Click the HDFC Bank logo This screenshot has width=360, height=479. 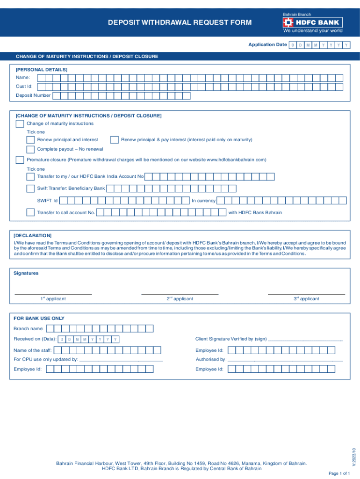coord(312,22)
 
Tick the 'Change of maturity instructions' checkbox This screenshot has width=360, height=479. coord(20,124)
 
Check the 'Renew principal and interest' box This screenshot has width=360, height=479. coord(30,140)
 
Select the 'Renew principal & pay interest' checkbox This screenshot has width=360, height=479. coord(114,140)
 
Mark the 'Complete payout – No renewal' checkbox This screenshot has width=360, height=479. coord(30,149)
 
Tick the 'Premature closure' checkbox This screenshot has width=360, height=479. coord(20,160)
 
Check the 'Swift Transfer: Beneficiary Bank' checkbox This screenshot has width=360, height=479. coord(30,189)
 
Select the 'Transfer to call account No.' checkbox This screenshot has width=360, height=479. coord(30,212)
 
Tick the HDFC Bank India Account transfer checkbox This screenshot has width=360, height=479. coord(30,177)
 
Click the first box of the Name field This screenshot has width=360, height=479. coord(42,78)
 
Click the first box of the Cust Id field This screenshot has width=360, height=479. coord(42,87)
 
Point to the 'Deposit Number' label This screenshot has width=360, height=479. coord(33,95)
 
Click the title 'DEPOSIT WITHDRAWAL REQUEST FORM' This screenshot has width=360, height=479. coord(180,22)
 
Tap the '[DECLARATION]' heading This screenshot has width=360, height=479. coord(33,236)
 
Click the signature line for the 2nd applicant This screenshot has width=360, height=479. coord(180,293)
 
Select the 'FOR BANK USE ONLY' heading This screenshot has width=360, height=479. coord(39,318)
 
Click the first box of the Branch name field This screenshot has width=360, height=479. coord(50,328)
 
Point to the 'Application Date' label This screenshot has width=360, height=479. coord(267,44)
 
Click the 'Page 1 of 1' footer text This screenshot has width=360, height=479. coord(339,473)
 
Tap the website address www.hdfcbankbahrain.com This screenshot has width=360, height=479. coord(236,160)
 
